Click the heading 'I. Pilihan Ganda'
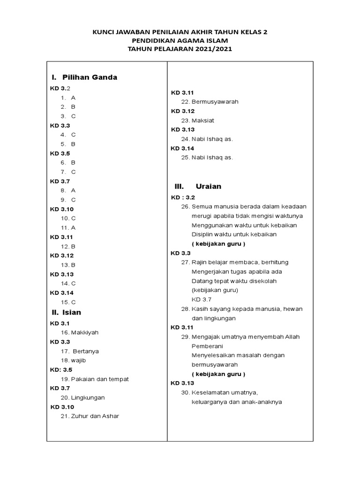pyautogui.click(x=84, y=77)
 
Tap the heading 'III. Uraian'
pyautogui.click(x=198, y=186)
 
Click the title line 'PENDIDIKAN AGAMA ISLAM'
pyautogui.click(x=180, y=40)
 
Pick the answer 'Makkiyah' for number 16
pyautogui.click(x=85, y=332)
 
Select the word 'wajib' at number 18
pyautogui.click(x=78, y=360)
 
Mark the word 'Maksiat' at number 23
pyautogui.click(x=203, y=120)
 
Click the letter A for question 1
pyautogui.click(x=73, y=98)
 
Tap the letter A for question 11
pyautogui.click(x=73, y=227)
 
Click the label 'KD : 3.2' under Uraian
pyautogui.click(x=182, y=198)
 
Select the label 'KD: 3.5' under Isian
pyautogui.click(x=61, y=370)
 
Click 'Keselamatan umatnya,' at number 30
pyautogui.click(x=225, y=392)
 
